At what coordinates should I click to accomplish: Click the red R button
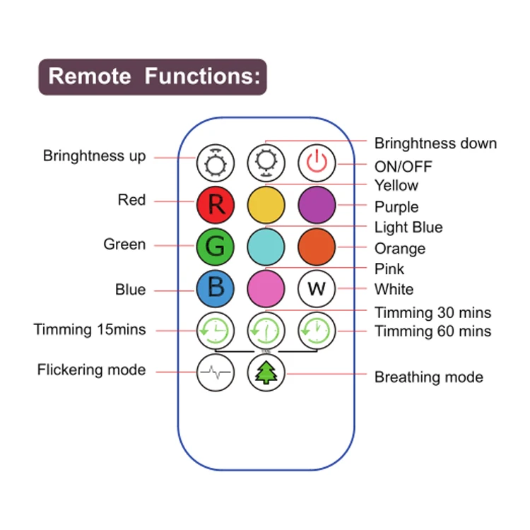pyautogui.click(x=215, y=205)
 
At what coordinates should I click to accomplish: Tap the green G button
pyautogui.click(x=215, y=247)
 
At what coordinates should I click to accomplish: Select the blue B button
pyautogui.click(x=215, y=289)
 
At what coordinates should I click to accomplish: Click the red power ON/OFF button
pyautogui.click(x=317, y=163)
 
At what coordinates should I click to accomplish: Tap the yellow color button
pyautogui.click(x=266, y=205)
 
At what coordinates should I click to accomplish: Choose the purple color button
pyautogui.click(x=317, y=205)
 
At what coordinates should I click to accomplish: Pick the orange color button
pyautogui.click(x=317, y=247)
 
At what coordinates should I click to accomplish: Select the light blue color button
pyautogui.click(x=266, y=247)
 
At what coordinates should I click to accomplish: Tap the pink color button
pyautogui.click(x=266, y=289)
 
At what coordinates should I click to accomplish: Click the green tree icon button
pyautogui.click(x=266, y=372)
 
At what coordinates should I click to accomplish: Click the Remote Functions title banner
pyautogui.click(x=153, y=76)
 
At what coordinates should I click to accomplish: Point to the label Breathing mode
pyautogui.click(x=428, y=377)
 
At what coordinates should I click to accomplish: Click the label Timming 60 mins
pyautogui.click(x=432, y=331)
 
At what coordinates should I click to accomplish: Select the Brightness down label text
pyautogui.click(x=435, y=143)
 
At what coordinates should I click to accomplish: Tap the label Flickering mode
pyautogui.click(x=92, y=370)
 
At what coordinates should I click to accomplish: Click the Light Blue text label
pyautogui.click(x=408, y=228)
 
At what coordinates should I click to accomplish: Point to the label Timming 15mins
pyautogui.click(x=90, y=329)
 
